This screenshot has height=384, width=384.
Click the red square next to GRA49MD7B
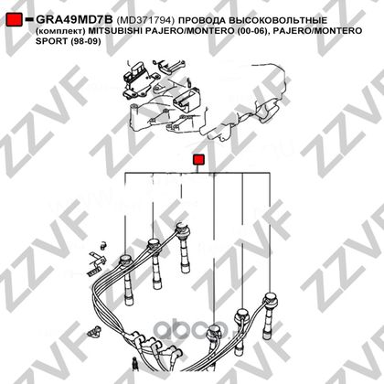pos(14,19)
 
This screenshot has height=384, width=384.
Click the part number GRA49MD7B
pos(74,20)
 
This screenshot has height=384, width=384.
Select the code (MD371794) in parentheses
pos(145,20)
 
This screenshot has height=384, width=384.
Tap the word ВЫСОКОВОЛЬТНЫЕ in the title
pos(278,20)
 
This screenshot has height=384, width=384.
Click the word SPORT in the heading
pos(51,41)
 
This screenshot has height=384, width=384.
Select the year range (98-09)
pos(85,41)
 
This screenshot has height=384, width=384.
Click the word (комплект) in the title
pos(60,31)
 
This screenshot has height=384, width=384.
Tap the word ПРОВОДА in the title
pos(202,20)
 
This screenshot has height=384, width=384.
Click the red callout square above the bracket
pos(199,160)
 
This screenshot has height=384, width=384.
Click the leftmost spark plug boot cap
pos(124,261)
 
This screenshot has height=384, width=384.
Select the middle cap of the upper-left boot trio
pos(154,244)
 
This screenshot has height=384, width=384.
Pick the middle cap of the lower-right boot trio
pos(242,315)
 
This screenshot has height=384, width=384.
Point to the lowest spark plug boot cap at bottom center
pos(213,331)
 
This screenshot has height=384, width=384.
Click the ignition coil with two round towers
pos(186,100)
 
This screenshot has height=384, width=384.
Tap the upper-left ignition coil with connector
pos(139,80)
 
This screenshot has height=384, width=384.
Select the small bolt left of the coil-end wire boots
pos(93,332)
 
